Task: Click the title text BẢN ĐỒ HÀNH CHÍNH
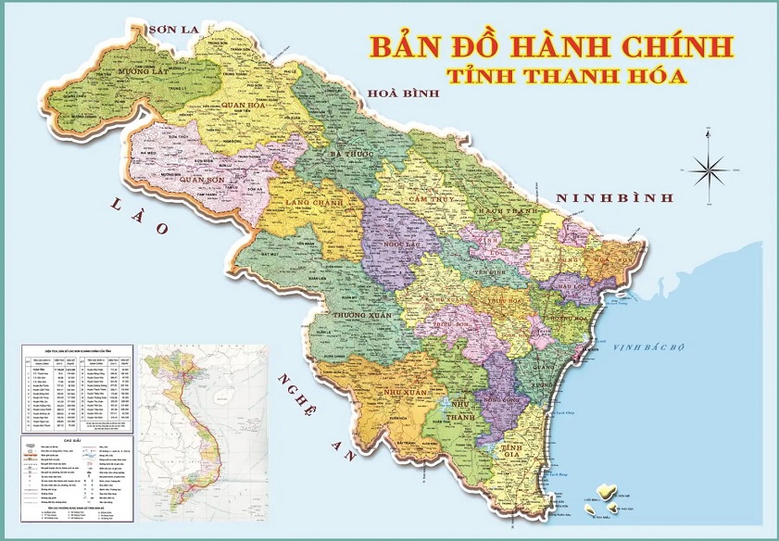coord(550,45)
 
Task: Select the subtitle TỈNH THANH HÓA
coord(566,76)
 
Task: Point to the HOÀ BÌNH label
coord(403,94)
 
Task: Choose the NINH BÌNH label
coord(613,197)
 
